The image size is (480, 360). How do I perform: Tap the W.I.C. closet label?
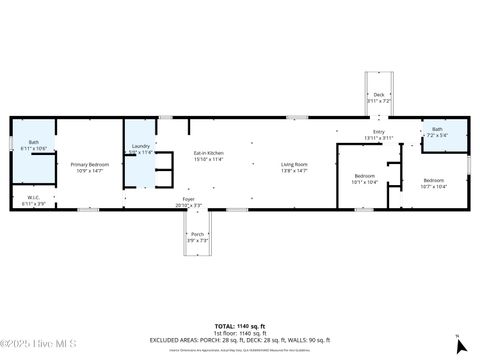coord(33,197)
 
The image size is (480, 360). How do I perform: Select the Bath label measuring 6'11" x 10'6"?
coord(33,142)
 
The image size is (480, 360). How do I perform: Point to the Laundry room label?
coord(141,147)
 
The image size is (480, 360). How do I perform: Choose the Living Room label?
coord(293,164)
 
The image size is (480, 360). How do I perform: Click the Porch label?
coord(197,234)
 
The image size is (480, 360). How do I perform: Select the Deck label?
coord(378,95)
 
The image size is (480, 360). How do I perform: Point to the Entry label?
coord(378,132)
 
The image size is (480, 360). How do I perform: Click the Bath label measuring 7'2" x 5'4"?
coord(437,129)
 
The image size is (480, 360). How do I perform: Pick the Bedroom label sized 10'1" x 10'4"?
coord(364,176)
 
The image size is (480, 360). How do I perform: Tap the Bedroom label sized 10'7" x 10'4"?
coord(433,181)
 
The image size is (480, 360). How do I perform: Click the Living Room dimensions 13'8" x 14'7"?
coord(293,171)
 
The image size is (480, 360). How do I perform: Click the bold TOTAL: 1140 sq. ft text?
coord(239,326)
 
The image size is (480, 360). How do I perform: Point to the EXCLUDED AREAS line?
coord(239,338)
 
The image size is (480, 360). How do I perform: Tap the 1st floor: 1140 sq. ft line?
coord(239,332)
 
